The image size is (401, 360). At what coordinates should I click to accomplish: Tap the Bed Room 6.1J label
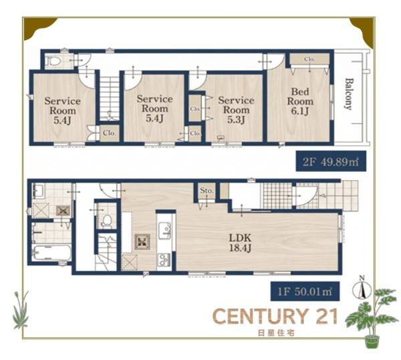click(300, 102)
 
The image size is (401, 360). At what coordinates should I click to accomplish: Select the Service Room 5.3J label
click(236, 110)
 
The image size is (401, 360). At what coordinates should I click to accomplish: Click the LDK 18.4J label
click(240, 243)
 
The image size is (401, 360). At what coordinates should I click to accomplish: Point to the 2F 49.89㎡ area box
click(331, 161)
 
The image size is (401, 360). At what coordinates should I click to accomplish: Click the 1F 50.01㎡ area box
click(305, 291)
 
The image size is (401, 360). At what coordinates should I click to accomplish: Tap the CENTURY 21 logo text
click(275, 317)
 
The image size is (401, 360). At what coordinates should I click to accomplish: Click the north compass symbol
click(362, 288)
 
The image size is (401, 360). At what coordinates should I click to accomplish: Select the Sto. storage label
click(207, 191)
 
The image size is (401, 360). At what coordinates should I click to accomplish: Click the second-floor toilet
click(53, 61)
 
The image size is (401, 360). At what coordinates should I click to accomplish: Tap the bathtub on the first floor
click(52, 253)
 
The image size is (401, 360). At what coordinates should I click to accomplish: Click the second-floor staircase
click(110, 98)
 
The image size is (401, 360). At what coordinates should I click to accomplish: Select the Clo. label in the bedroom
click(309, 59)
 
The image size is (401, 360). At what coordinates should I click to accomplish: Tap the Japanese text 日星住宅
click(276, 333)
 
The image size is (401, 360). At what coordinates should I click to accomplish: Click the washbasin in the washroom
click(39, 191)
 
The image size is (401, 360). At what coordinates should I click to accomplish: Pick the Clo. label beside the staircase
click(110, 133)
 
